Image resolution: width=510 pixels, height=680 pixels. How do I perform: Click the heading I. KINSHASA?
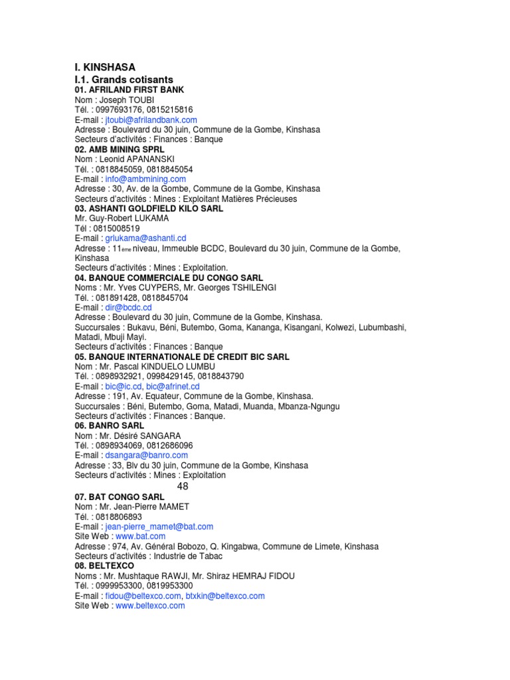pos(104,67)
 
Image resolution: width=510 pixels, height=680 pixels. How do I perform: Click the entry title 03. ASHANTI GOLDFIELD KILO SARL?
pos(149,208)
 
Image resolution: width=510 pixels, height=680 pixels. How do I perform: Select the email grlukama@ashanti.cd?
pos(145,238)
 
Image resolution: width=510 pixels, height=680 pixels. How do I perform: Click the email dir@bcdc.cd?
pos(129,307)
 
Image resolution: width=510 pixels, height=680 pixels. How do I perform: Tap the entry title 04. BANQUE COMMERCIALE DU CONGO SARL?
pos(169,278)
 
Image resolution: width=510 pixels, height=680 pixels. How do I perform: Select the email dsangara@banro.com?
pos(147,456)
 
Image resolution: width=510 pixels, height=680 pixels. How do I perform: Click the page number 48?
pos(183,486)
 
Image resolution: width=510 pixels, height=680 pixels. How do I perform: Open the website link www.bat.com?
pos(140,536)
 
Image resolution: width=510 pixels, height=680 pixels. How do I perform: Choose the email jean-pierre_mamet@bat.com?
pos(159,526)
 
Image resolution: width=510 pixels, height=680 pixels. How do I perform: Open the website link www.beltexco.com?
pos(150,606)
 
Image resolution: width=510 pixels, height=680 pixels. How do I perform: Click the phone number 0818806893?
pos(119,516)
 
